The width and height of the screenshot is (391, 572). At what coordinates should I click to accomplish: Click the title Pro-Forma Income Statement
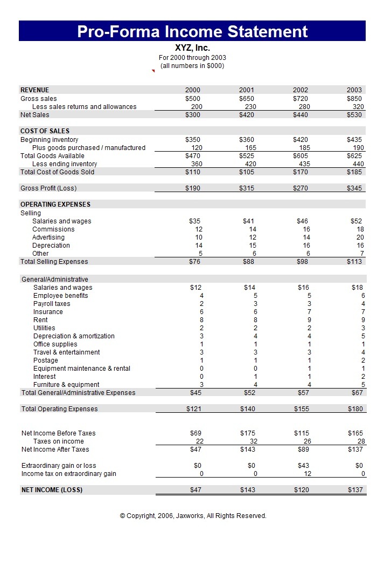(192, 31)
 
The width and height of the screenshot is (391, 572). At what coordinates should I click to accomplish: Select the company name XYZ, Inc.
(192, 48)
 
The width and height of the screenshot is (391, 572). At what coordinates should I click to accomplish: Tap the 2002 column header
(301, 90)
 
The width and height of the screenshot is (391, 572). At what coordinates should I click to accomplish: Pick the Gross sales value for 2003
(354, 99)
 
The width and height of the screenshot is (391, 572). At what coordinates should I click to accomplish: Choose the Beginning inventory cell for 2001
(247, 140)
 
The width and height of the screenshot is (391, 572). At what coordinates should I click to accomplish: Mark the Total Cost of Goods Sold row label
(57, 172)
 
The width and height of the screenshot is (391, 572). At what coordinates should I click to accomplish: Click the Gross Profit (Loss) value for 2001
(247, 188)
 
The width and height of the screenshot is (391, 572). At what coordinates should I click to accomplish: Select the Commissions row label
(53, 229)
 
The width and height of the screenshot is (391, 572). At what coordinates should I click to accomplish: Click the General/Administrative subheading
(54, 280)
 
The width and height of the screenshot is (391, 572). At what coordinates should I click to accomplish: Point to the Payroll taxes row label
(52, 304)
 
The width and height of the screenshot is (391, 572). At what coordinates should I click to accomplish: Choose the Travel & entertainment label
(66, 352)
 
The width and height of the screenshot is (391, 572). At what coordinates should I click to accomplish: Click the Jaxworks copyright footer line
(193, 516)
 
